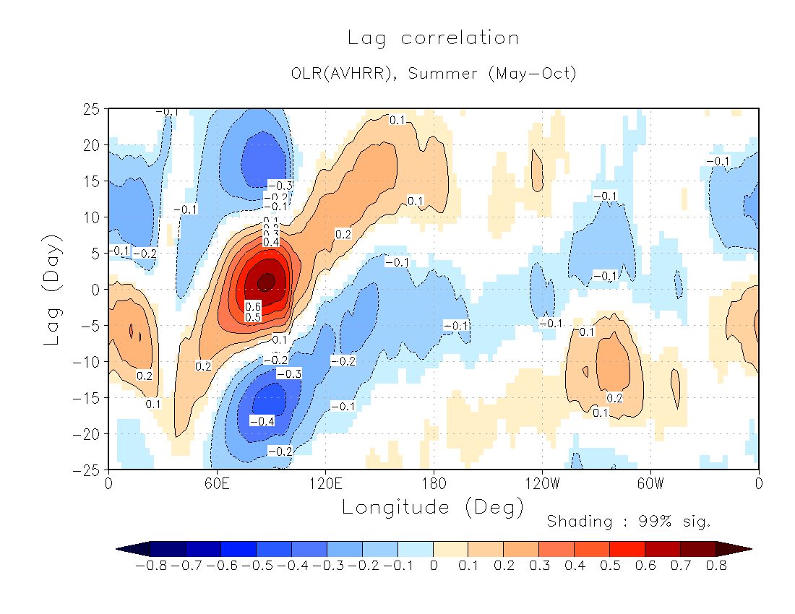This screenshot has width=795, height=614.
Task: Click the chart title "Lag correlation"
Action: (433, 38)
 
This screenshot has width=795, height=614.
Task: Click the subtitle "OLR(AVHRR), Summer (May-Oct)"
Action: (434, 74)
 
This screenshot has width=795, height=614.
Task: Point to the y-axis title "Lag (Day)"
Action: (52, 289)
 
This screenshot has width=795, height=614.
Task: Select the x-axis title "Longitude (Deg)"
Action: (433, 507)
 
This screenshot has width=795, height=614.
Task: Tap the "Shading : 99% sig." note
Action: (629, 521)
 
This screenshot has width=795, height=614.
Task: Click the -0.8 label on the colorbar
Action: (150, 566)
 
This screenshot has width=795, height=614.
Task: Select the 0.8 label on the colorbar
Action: (716, 566)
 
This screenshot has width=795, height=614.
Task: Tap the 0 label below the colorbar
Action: (433, 566)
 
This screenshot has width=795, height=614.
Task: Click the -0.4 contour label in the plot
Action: (262, 420)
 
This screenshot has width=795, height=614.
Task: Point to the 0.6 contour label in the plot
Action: (253, 306)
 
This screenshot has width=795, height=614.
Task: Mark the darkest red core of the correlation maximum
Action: (266, 280)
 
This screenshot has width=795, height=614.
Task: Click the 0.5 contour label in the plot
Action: (253, 317)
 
